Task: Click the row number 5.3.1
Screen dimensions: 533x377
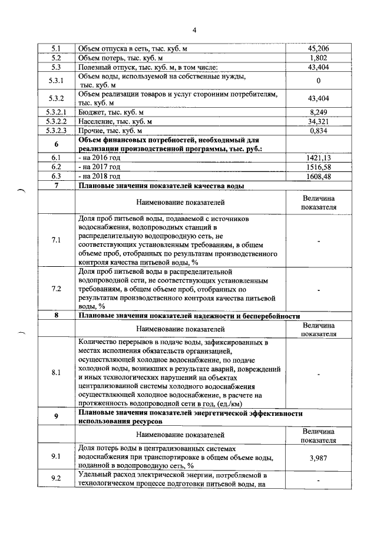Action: [x=57, y=81]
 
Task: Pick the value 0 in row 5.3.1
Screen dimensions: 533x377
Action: [x=318, y=81]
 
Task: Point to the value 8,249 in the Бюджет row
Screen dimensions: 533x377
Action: [x=318, y=111]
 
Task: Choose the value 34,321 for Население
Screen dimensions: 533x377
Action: [x=318, y=121]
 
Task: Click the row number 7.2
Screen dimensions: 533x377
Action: [x=57, y=289]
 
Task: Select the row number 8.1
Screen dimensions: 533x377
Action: [x=57, y=373]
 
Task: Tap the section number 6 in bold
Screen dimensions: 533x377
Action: [x=57, y=144]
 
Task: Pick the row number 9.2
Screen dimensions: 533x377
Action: [x=57, y=478]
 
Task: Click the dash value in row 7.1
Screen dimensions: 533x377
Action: [x=318, y=240]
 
